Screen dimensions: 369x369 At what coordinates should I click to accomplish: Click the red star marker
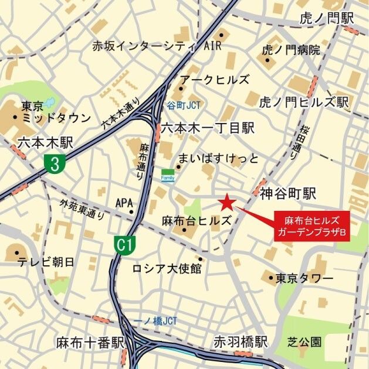pyautogui.click(x=226, y=203)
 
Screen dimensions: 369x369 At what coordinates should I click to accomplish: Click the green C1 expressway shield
pyautogui.click(x=123, y=245)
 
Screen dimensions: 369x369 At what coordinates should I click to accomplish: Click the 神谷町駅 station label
pyautogui.click(x=287, y=192)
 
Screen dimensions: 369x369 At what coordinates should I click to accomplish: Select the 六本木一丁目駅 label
pyautogui.click(x=208, y=127)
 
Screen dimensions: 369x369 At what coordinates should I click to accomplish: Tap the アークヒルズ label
pyautogui.click(x=214, y=80)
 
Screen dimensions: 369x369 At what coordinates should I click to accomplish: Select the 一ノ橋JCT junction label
pyautogui.click(x=155, y=321)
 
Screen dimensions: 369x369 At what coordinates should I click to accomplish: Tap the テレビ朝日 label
pyautogui.click(x=45, y=261)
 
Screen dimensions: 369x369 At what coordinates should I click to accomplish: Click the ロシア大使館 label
pyautogui.click(x=167, y=268)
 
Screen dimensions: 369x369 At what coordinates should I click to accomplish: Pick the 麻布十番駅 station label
pyautogui.click(x=90, y=342)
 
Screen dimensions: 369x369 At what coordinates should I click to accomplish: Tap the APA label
pyautogui.click(x=124, y=203)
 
